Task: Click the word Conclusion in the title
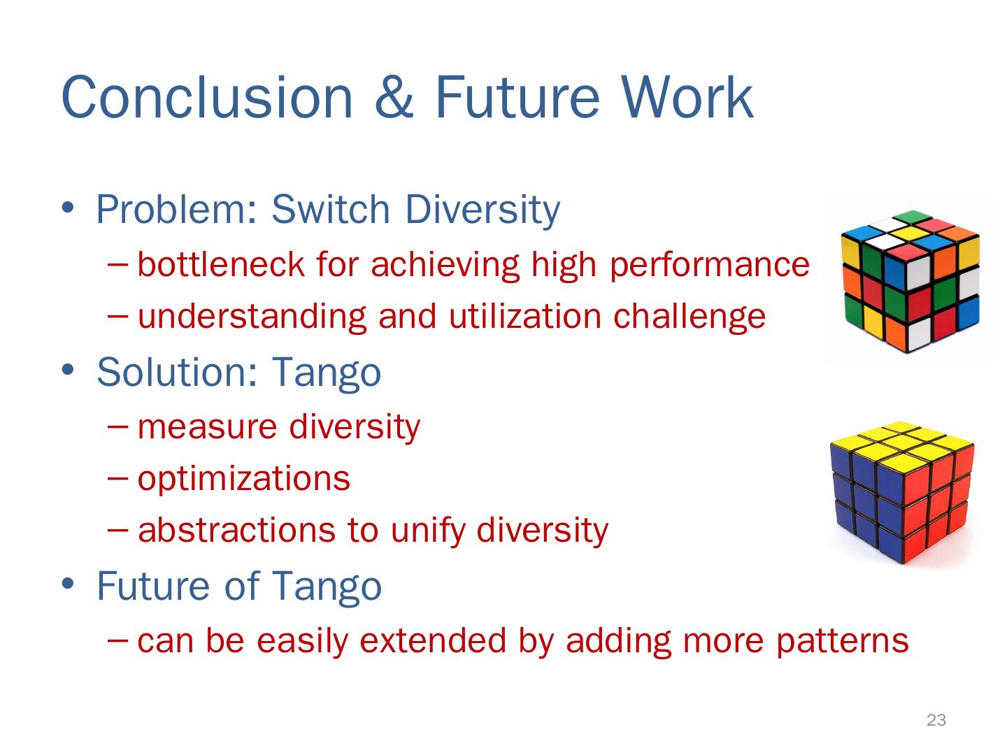coord(207,97)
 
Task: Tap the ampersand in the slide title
coord(394,97)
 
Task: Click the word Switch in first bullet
coord(330,209)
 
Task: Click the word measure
coord(208,428)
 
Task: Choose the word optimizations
coord(244,479)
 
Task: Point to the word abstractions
coord(237,531)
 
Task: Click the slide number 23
coord(936,720)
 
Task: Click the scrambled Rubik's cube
coord(910,281)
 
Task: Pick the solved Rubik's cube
coord(902,492)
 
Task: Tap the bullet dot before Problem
coord(68,207)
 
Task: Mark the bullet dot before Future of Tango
coord(68,584)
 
